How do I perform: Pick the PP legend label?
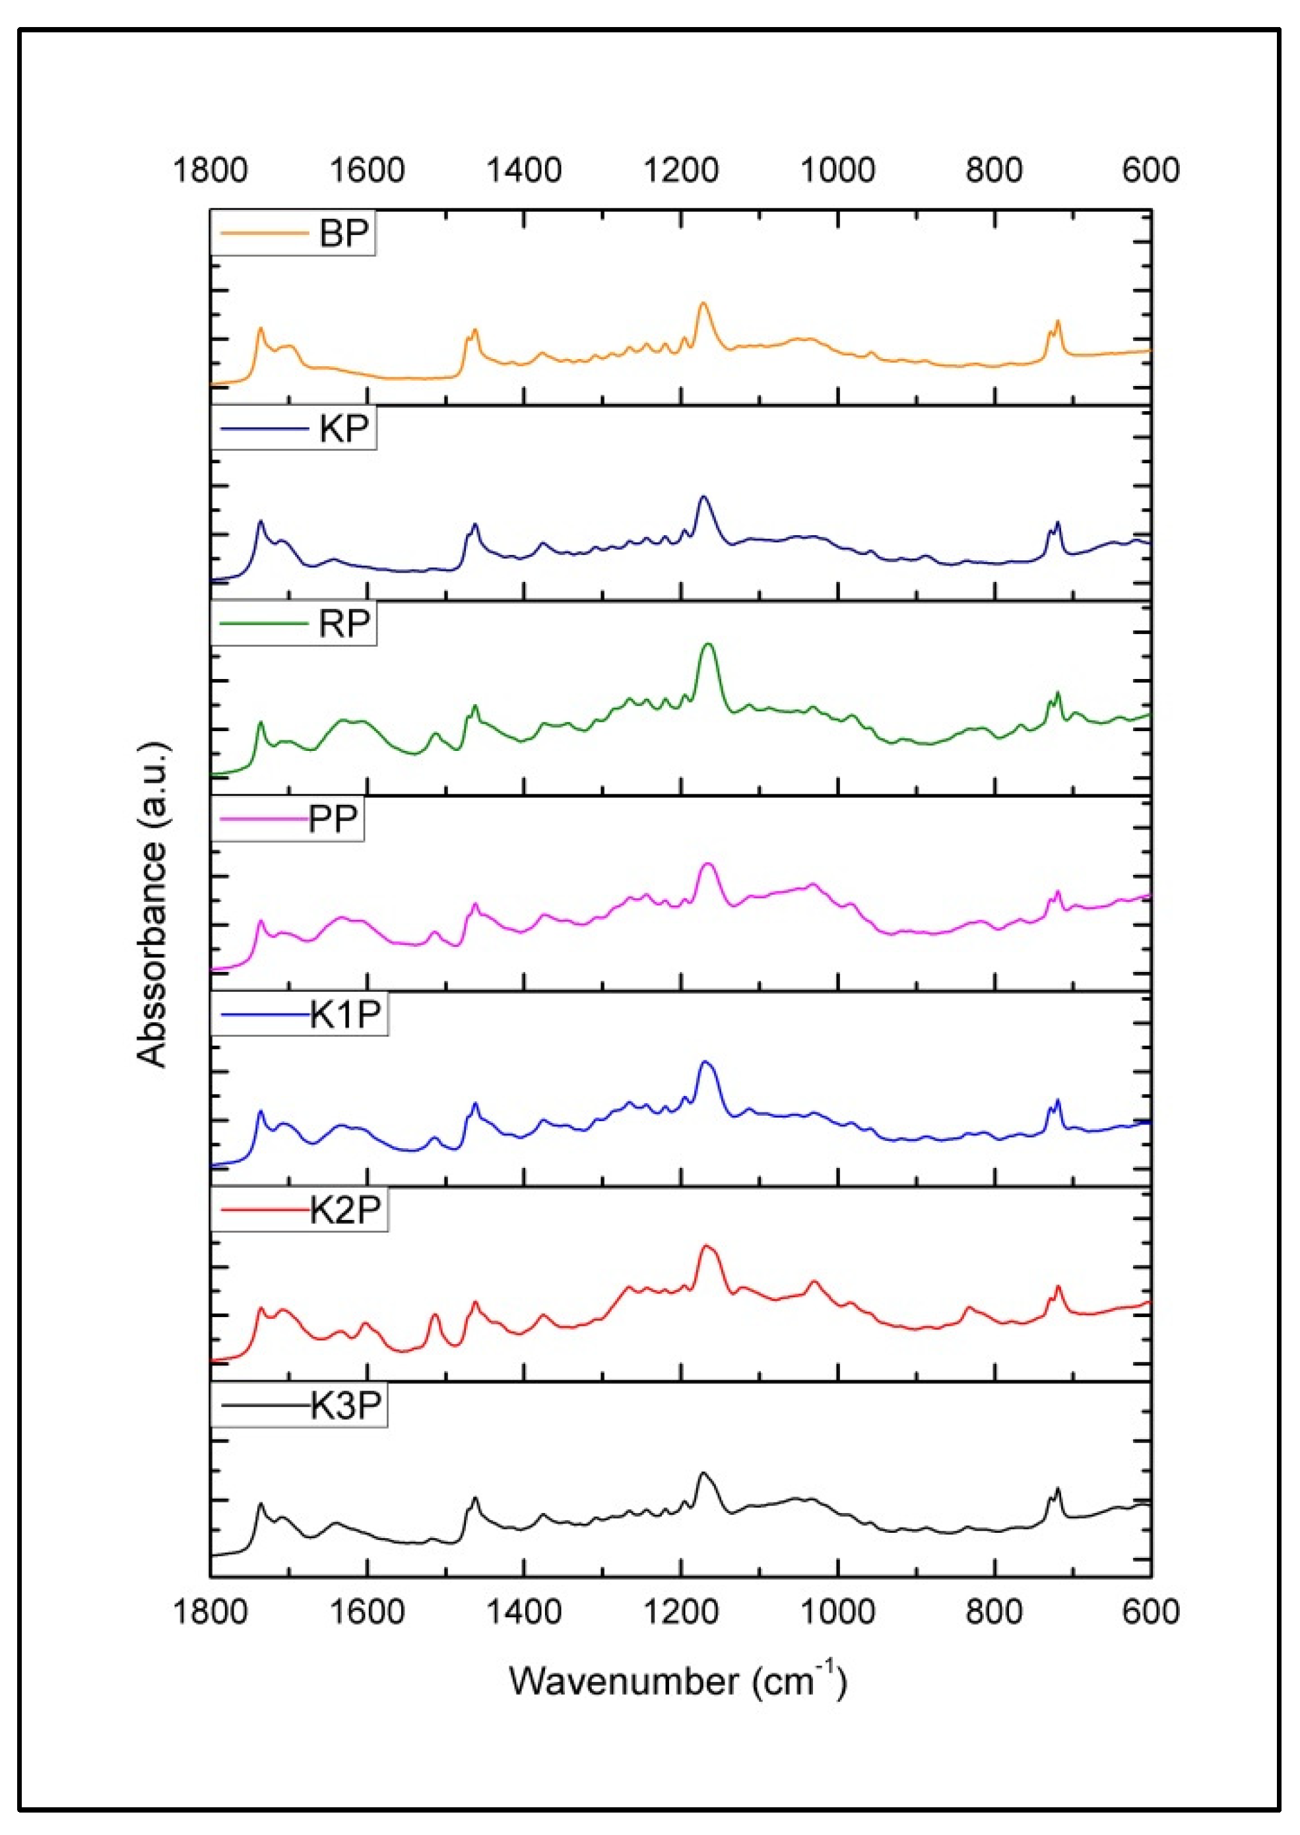[333, 820]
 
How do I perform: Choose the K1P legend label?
[345, 1015]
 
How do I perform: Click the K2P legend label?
[345, 1209]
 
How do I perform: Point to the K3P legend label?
[345, 1405]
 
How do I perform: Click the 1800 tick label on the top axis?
[210, 170]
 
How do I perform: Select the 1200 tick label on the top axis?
[680, 170]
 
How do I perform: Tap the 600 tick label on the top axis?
[1150, 170]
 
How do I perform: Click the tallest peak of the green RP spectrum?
[707, 643]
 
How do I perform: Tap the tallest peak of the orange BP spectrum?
[703, 304]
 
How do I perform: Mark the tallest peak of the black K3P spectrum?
[703, 1473]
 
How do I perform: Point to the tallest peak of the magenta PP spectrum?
[707, 864]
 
